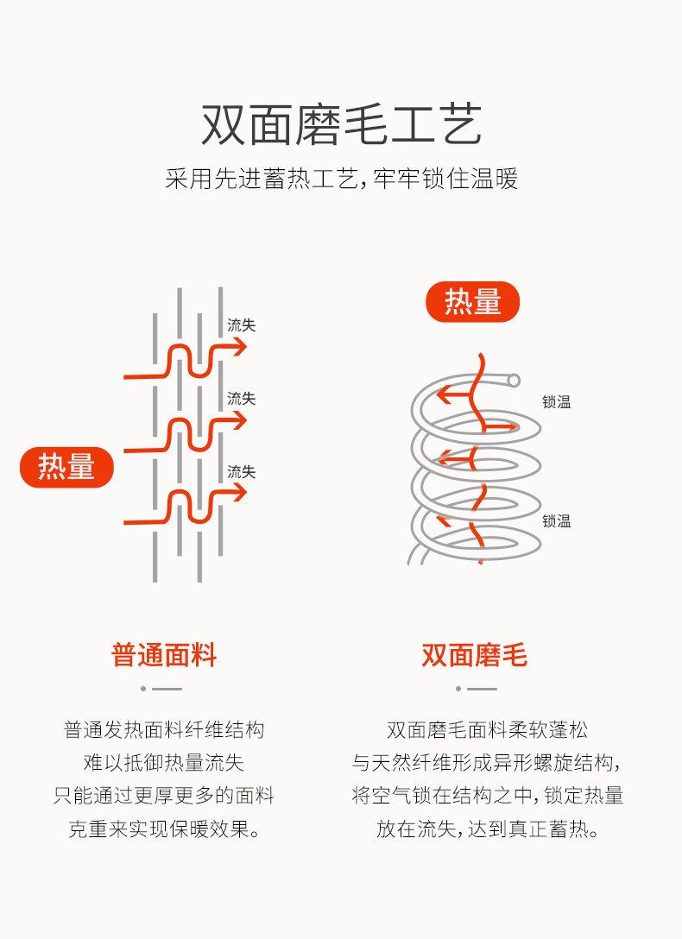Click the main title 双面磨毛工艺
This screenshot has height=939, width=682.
[x=341, y=125]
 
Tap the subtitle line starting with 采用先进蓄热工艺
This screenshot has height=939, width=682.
[x=341, y=180]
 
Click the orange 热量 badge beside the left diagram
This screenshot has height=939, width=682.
[x=66, y=467]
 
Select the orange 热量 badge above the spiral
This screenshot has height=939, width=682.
[x=472, y=302]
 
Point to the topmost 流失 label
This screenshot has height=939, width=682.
[x=241, y=325]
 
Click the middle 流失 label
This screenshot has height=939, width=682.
[x=241, y=399]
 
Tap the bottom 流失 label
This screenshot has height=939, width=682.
[x=241, y=472]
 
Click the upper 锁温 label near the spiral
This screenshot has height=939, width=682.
[x=556, y=402]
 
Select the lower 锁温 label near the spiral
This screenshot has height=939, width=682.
[x=556, y=520]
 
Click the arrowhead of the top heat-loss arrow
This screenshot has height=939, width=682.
[x=240, y=347]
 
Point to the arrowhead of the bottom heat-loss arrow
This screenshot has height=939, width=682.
[x=240, y=493]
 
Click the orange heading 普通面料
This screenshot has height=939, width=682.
[x=164, y=655]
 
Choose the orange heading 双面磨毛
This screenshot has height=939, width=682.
[x=474, y=655]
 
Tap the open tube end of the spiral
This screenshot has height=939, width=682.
[x=514, y=380]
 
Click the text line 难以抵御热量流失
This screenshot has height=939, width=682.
[x=164, y=763]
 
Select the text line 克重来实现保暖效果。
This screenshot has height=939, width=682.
[x=164, y=829]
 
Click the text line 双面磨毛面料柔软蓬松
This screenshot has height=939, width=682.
[x=487, y=730]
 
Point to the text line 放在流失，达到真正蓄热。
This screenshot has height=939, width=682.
[x=487, y=829]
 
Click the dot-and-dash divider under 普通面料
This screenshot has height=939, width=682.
[x=161, y=689]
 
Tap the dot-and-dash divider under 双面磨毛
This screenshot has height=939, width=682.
[x=477, y=689]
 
